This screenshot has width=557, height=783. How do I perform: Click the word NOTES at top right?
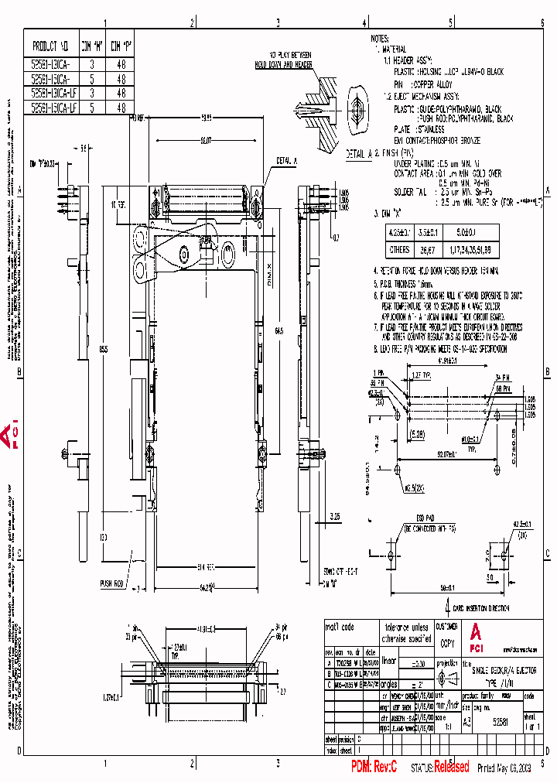click(380, 38)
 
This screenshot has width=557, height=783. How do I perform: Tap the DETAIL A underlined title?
click(356, 154)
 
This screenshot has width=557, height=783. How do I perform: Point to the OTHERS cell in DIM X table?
click(400, 251)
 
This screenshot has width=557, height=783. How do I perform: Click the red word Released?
click(451, 767)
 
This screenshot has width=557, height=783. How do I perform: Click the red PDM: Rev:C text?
click(374, 767)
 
